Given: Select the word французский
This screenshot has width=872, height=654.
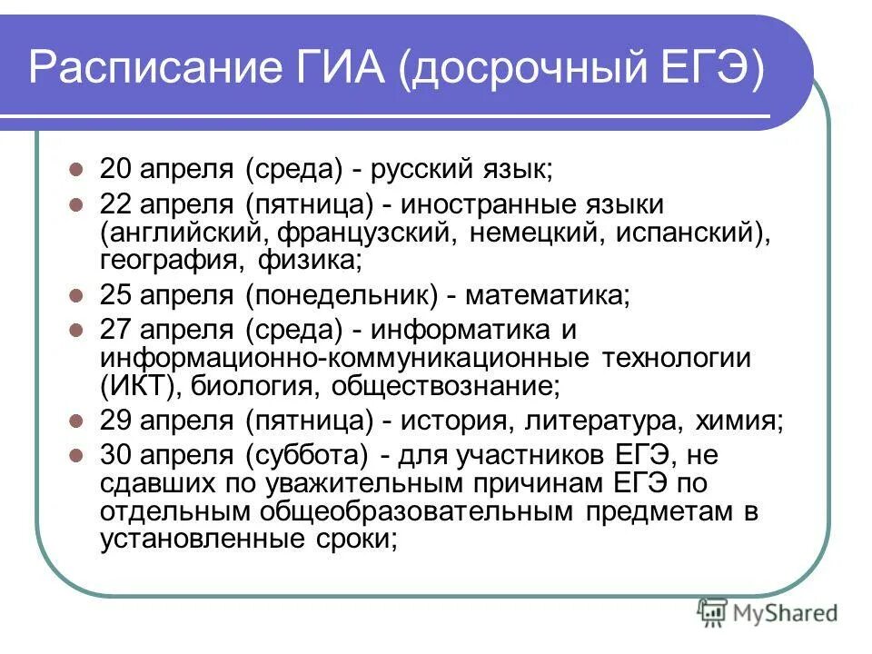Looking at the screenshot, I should coord(363,232).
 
